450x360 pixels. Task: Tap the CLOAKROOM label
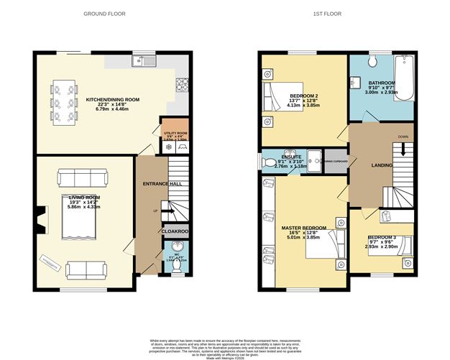174,232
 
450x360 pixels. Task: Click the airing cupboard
336,161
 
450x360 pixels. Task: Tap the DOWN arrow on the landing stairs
403,147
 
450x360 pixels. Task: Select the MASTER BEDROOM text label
303,228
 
